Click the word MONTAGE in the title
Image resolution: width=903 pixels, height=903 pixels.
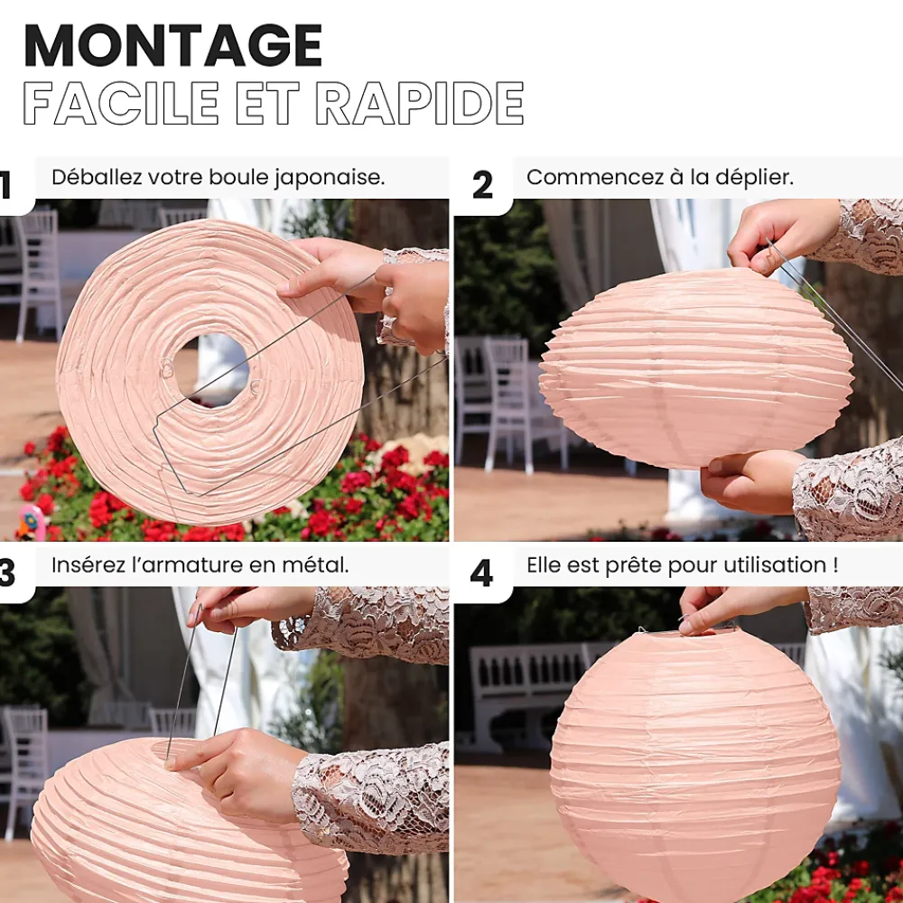[172, 45]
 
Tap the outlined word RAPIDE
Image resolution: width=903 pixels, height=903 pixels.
[420, 103]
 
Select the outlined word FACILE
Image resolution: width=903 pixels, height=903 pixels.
[121, 103]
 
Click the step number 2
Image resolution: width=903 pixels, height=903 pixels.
[482, 185]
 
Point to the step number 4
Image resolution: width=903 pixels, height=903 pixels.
[481, 573]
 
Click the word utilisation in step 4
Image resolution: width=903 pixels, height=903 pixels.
[775, 565]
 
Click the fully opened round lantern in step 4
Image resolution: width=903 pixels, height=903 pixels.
[695, 766]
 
